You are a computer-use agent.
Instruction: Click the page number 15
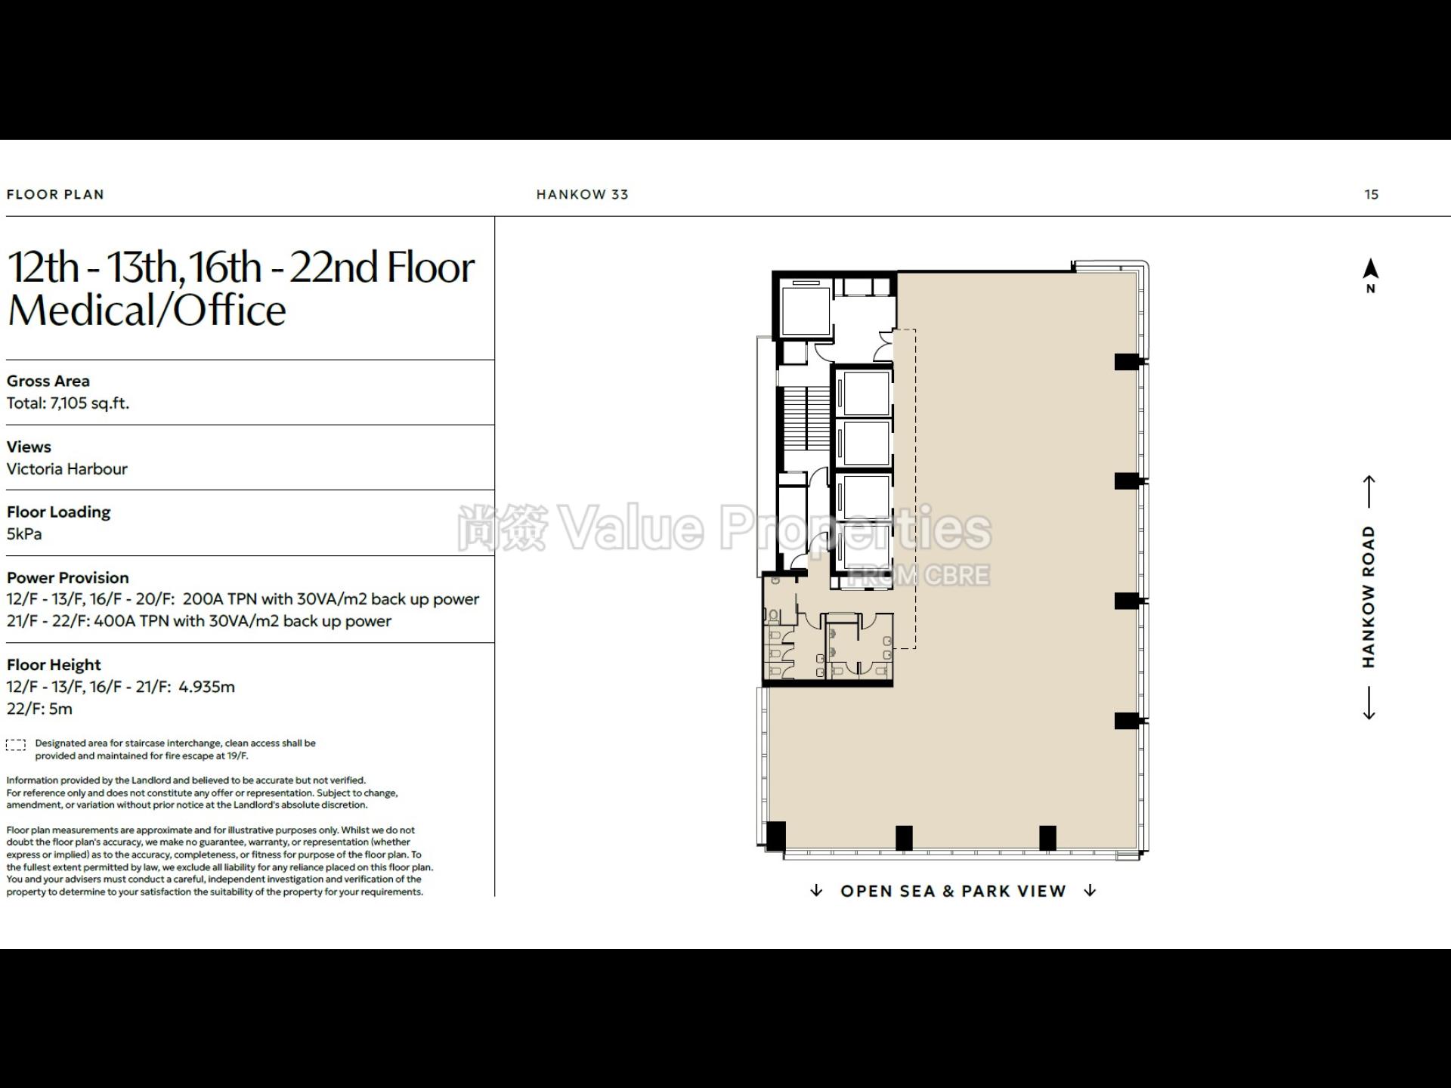tap(1371, 194)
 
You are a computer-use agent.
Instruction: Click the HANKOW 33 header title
tap(582, 194)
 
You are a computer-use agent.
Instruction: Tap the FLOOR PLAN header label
tap(55, 194)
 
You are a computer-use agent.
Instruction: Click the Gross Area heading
tap(48, 381)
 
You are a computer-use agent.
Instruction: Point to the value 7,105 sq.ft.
tap(90, 403)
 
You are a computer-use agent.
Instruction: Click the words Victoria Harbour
tap(67, 468)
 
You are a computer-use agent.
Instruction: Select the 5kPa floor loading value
tap(24, 533)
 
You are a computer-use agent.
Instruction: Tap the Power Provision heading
tap(68, 577)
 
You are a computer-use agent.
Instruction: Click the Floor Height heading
tap(54, 665)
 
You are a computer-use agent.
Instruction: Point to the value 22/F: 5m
tap(39, 709)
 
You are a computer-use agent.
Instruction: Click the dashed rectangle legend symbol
tap(16, 745)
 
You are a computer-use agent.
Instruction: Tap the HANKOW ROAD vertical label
tap(1369, 597)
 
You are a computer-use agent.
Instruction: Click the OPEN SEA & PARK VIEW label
tap(953, 891)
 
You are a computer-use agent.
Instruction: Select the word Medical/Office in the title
tap(147, 310)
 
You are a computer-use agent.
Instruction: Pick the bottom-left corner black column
tap(776, 836)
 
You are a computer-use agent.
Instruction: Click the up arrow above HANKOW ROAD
tap(1369, 491)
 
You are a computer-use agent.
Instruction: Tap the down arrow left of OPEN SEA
tap(816, 891)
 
